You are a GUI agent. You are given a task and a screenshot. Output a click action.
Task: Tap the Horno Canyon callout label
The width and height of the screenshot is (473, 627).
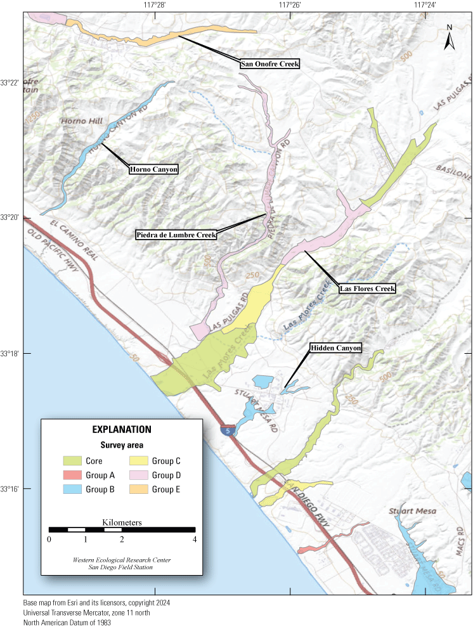pos(153,169)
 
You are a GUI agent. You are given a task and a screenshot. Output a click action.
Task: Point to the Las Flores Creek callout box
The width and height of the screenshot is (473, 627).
pos(367,288)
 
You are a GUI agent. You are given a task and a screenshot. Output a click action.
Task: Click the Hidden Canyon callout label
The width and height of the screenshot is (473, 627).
pos(335,348)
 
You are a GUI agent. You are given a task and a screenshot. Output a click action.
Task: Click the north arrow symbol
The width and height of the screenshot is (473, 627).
pos(450,38)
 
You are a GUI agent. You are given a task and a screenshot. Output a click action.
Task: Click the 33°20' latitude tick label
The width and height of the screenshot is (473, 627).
pos(11,217)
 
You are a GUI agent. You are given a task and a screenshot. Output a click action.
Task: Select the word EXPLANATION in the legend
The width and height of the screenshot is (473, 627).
pos(121,429)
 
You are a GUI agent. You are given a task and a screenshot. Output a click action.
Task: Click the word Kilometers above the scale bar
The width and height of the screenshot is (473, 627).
pos(122,522)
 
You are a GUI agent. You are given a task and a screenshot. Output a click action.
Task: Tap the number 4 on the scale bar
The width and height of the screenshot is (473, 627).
pos(195,540)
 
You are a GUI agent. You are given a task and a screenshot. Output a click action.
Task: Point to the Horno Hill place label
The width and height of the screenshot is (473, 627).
pos(78,120)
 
